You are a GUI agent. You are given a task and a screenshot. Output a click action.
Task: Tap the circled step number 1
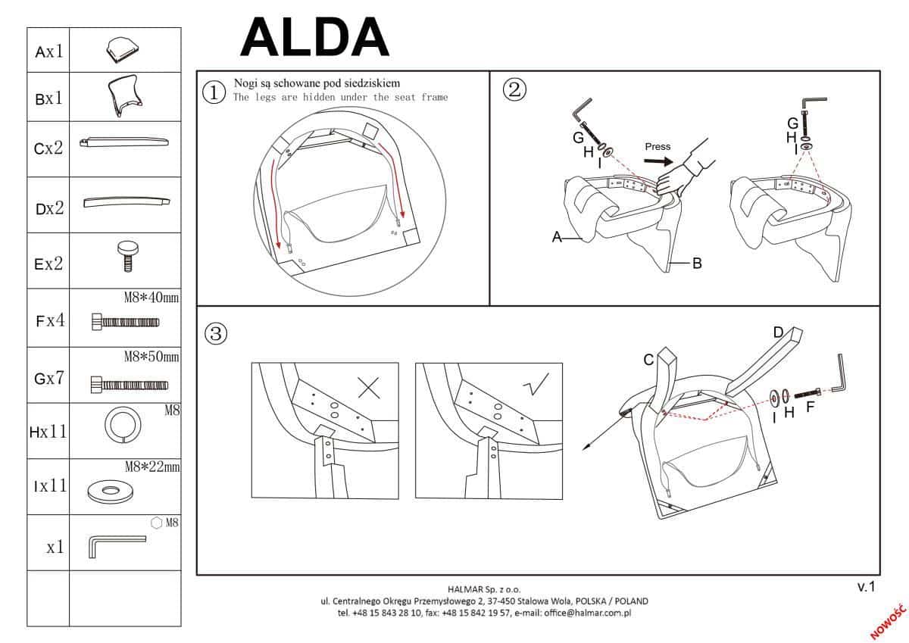[x=214, y=92]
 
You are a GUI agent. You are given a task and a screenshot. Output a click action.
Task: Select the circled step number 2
[x=514, y=89]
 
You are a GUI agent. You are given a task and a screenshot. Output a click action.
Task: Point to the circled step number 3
[x=217, y=333]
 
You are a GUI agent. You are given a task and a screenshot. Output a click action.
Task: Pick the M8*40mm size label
[x=151, y=298]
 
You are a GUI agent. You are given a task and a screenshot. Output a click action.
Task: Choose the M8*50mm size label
[x=151, y=356]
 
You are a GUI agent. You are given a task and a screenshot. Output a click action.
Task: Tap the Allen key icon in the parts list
[x=117, y=545]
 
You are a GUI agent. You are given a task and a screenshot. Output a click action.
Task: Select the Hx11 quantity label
[x=48, y=432]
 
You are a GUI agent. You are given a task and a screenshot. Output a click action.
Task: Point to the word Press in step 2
[x=658, y=146]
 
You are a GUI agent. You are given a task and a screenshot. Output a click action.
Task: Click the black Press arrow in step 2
[x=660, y=161]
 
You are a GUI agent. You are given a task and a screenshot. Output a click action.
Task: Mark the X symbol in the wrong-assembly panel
[x=368, y=389]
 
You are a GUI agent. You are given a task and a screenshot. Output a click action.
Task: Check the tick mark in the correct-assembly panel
[x=536, y=387]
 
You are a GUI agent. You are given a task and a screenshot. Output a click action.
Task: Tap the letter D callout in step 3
[x=778, y=332]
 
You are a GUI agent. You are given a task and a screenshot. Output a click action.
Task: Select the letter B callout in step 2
[x=697, y=264]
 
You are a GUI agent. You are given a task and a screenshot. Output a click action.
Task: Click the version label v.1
[x=866, y=586]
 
